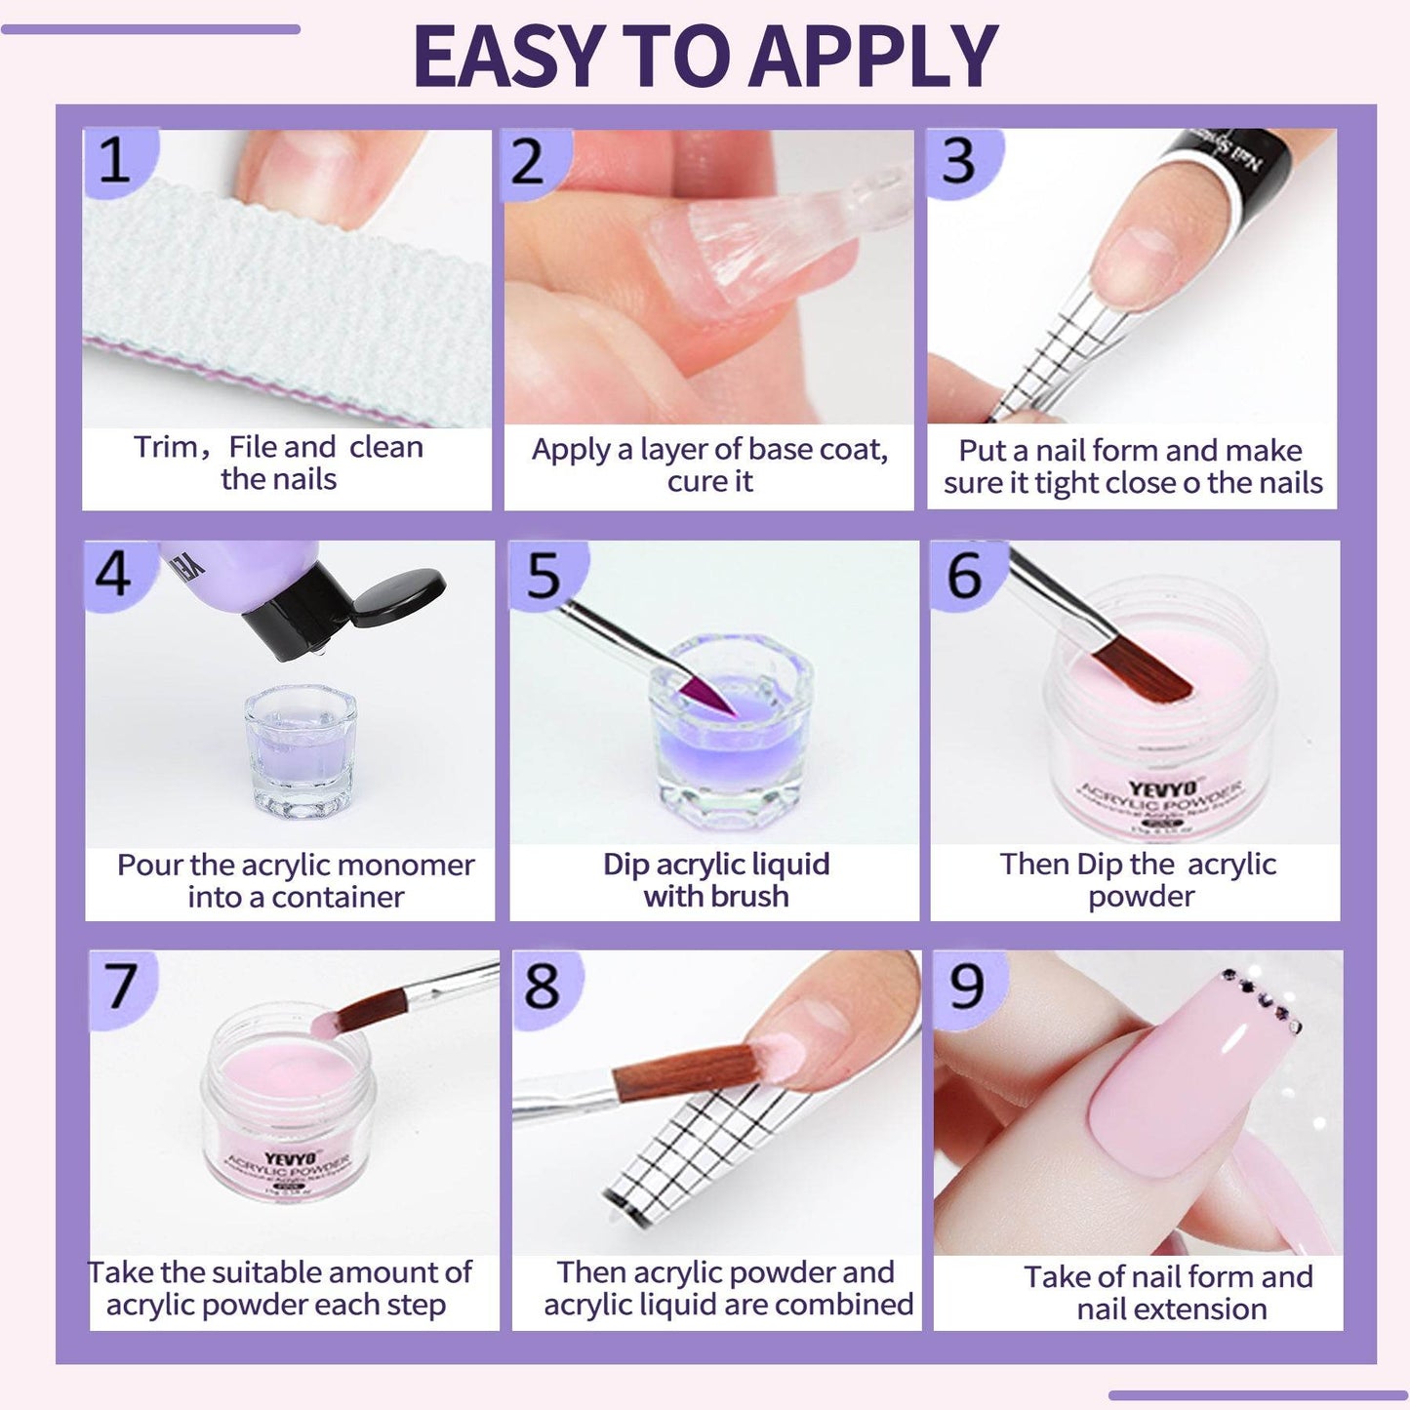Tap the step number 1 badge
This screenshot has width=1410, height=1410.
[x=114, y=160]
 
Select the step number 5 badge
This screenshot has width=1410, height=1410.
[x=543, y=575]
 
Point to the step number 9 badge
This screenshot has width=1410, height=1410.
[x=966, y=986]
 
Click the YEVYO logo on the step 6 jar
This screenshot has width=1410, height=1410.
[x=1161, y=788]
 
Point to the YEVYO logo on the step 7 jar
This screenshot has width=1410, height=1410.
[x=290, y=1159]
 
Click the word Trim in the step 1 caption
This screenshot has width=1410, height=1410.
[x=165, y=447]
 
